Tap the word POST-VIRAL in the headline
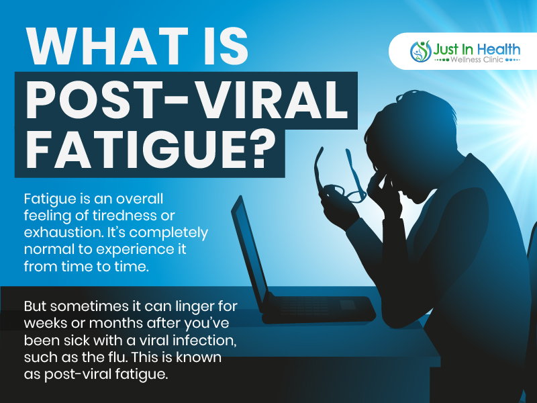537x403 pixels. [187, 99]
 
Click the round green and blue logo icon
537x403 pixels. [421, 52]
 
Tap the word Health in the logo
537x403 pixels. [498, 49]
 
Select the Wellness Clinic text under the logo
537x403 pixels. [477, 60]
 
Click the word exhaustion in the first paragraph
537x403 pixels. [64, 232]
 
